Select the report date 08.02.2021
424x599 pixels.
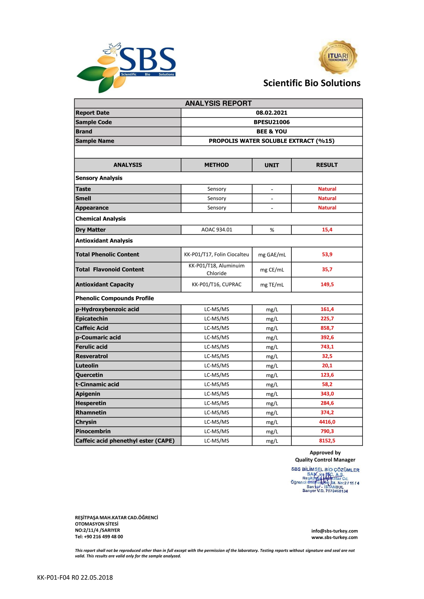point(271,112)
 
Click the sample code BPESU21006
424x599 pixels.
point(271,122)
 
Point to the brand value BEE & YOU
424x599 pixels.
point(271,131)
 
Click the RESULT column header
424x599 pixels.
point(326,165)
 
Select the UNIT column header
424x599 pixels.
point(271,165)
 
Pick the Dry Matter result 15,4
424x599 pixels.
point(327,229)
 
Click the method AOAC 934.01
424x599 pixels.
point(216,229)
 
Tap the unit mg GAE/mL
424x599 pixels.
point(272,255)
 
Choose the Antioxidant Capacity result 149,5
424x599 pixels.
point(327,284)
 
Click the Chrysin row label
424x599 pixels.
point(86,422)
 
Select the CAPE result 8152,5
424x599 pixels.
point(327,440)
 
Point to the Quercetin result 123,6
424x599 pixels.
point(327,375)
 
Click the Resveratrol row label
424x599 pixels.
point(91,356)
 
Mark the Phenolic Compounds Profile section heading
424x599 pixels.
point(114,298)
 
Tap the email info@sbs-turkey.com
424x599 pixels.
point(334,531)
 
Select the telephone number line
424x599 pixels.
point(99,537)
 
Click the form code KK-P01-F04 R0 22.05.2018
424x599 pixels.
point(75,577)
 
